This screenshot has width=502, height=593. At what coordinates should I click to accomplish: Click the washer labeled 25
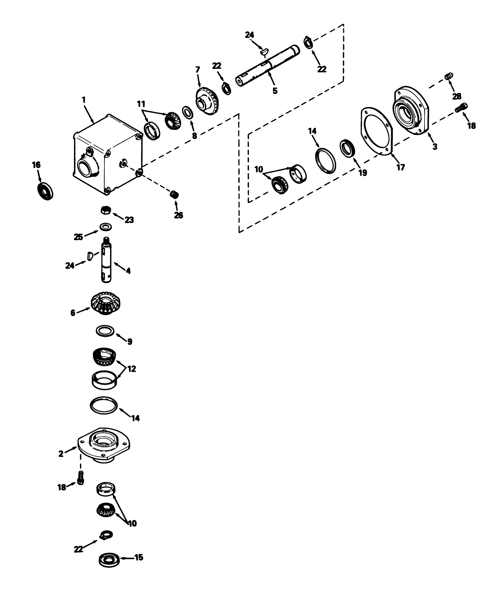[x=106, y=226]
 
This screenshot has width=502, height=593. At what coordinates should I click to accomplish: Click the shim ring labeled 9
[x=106, y=330]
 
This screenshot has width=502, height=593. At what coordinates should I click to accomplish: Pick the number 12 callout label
[x=132, y=369]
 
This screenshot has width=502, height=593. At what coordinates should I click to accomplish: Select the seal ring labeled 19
[x=348, y=148]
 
